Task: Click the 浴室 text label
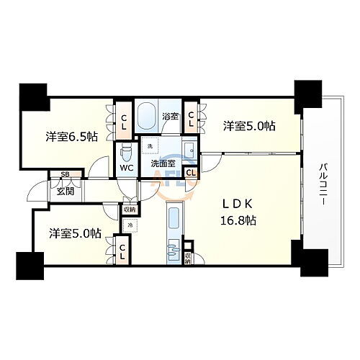170,115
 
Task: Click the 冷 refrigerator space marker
130,226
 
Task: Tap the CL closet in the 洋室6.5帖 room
123,122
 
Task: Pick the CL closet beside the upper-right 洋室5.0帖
192,119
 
